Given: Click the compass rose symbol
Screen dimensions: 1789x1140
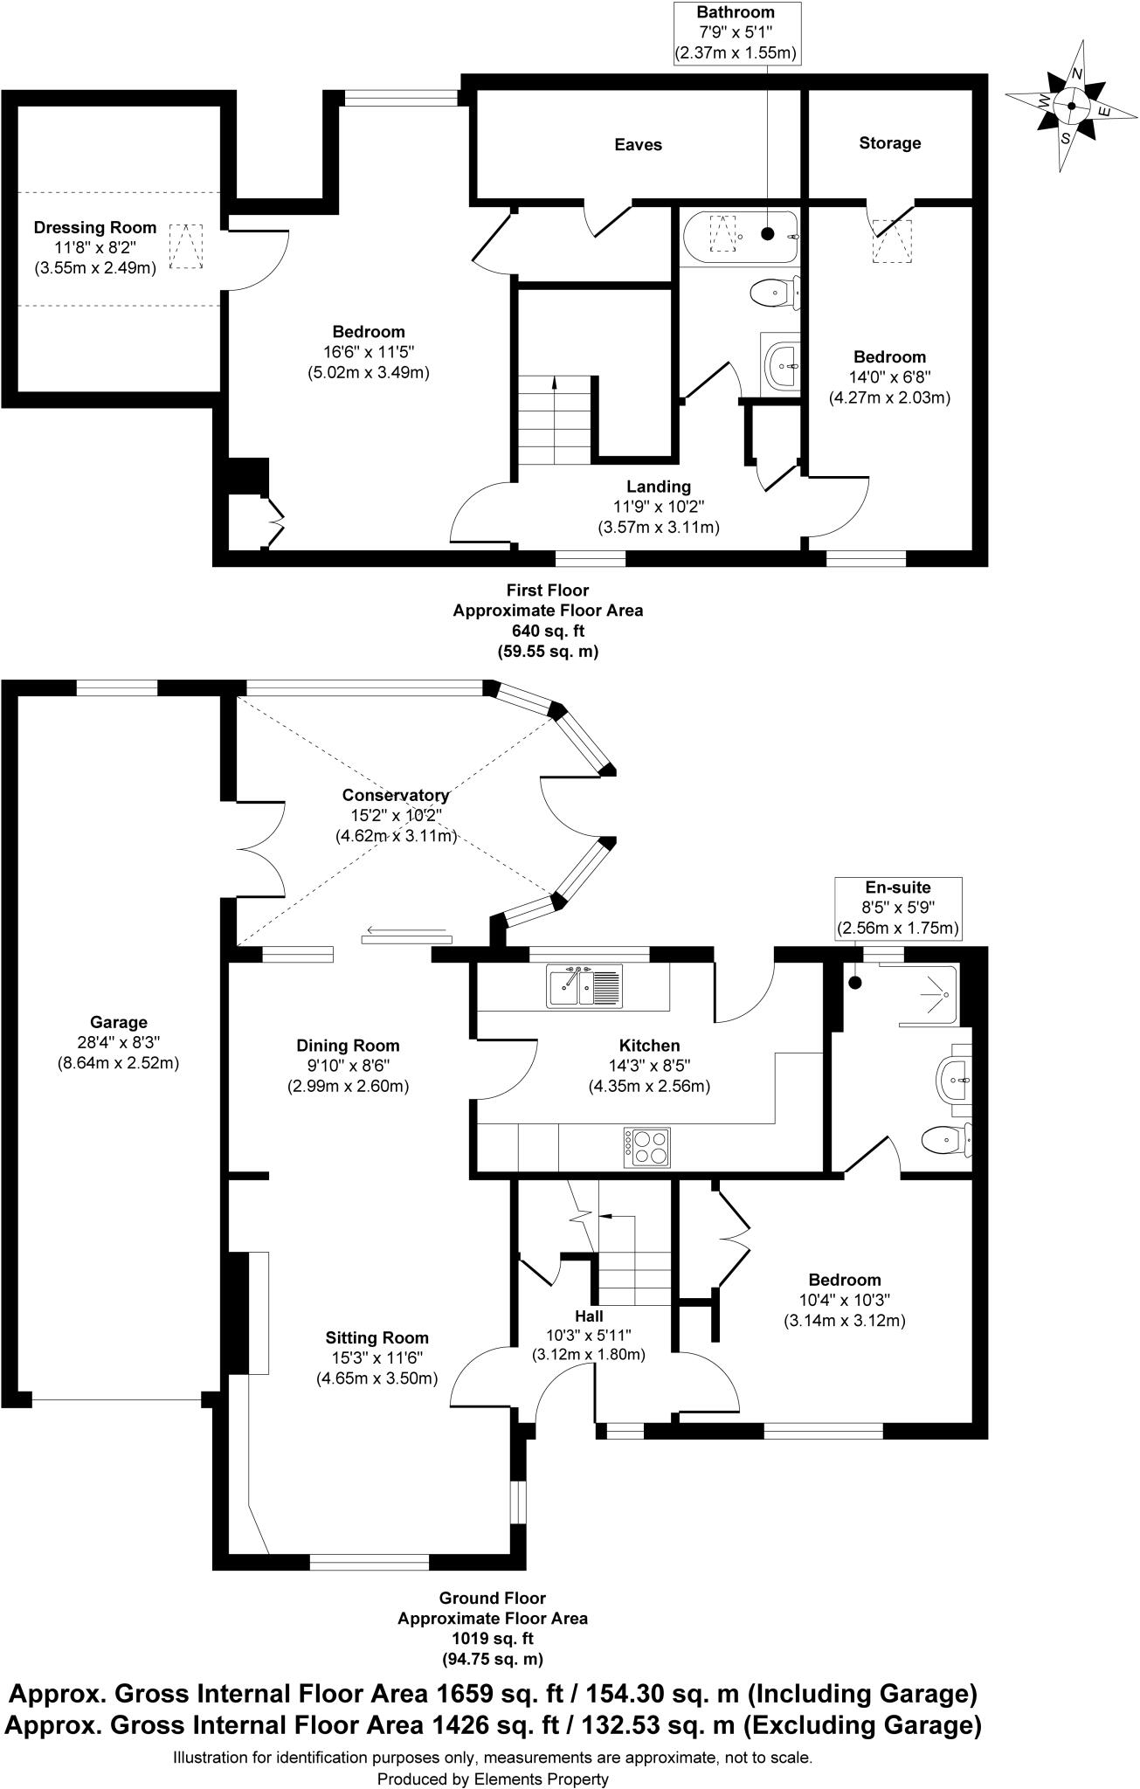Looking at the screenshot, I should [x=1071, y=106].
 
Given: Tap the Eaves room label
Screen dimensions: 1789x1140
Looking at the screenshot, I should [x=638, y=145].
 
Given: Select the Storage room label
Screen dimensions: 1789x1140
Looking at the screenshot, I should [x=889, y=143].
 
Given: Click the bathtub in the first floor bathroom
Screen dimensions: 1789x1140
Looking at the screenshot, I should [x=739, y=236].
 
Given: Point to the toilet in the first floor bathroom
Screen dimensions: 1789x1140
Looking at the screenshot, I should [x=774, y=292].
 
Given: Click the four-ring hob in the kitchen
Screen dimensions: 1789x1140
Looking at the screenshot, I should [x=647, y=1148].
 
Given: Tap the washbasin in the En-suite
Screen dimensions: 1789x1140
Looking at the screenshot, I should [x=954, y=1081].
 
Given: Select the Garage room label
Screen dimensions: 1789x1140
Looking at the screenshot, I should [x=119, y=1022].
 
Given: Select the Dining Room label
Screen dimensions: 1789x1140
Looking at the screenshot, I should [x=348, y=1046].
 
